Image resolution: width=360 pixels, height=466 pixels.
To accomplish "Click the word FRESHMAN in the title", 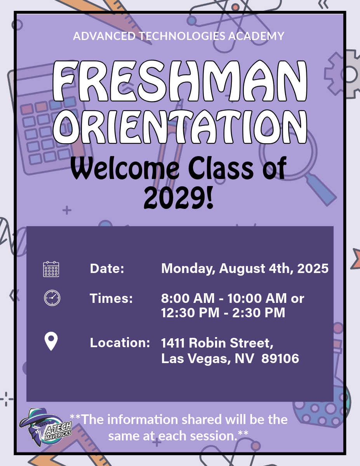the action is tap(180, 81).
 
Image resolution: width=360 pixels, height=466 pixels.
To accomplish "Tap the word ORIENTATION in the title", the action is tap(180, 127).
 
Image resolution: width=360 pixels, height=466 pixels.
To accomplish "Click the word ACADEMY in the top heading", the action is tap(256, 36).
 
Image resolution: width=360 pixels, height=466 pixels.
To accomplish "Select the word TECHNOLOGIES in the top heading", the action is tap(182, 36).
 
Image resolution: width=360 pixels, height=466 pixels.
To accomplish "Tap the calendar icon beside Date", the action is tap(51, 269).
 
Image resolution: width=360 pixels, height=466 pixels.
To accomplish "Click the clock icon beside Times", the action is tap(52, 298).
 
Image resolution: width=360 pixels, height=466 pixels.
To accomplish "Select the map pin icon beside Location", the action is tap(51, 341).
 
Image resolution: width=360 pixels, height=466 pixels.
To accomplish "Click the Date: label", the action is tap(107, 268).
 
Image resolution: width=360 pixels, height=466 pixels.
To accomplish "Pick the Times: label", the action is tap(111, 298).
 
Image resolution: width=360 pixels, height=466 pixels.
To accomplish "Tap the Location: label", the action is tap(120, 343).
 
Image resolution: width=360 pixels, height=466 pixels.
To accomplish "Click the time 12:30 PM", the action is tap(190, 313).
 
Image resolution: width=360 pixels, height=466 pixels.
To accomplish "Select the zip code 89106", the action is tap(280, 358).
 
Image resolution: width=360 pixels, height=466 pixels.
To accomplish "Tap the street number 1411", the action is tap(173, 343).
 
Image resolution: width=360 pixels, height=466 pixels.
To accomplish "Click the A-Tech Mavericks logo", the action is tap(45, 428).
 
